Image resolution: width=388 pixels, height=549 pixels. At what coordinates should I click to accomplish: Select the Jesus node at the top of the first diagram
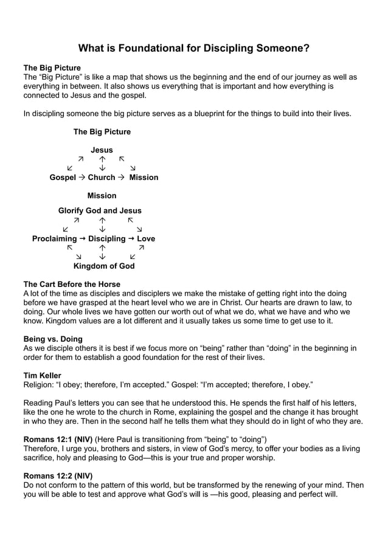coord(102,150)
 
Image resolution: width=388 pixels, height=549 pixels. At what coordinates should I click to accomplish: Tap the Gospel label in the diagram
coord(63,178)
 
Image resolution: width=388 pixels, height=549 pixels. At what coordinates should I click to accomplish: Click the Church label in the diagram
coord(101,178)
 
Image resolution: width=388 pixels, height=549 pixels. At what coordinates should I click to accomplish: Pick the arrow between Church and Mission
coord(121,178)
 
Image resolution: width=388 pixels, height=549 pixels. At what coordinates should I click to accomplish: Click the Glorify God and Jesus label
coord(100,210)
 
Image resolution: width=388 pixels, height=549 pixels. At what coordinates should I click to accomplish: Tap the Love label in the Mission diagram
coord(146,239)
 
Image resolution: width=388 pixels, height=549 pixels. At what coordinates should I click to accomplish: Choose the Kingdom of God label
coord(104,266)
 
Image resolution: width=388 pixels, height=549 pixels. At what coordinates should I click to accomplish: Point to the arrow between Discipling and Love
coord(131,239)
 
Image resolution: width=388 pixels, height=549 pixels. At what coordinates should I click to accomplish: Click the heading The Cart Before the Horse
coord(72,285)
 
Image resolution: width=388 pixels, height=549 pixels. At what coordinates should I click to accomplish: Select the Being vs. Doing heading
coord(53,339)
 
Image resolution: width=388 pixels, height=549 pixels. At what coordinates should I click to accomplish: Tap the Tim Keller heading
coord(42,376)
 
